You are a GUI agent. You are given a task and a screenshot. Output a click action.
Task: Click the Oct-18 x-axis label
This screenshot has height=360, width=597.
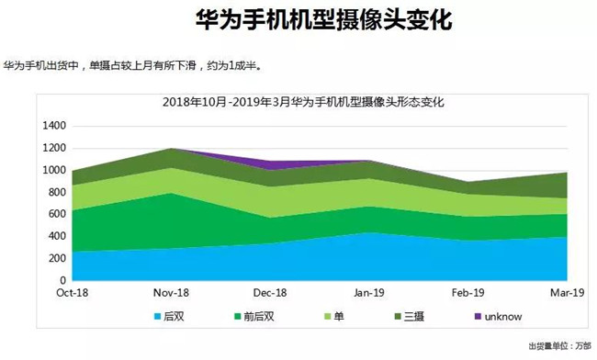(73, 293)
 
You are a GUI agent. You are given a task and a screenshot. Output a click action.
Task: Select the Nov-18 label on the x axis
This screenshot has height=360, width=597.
(173, 293)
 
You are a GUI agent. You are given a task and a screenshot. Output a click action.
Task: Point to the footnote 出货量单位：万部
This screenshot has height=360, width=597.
(558, 346)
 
